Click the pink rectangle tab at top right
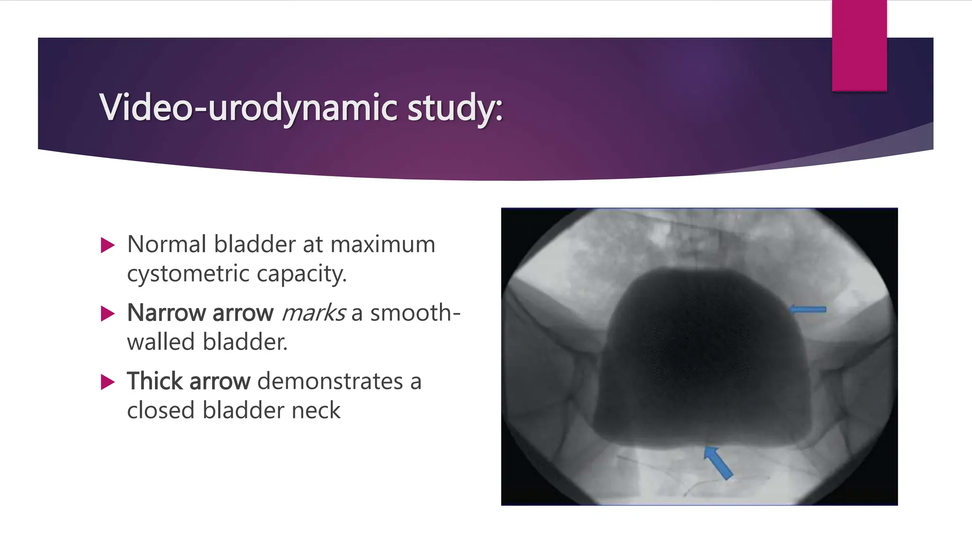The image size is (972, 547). [859, 46]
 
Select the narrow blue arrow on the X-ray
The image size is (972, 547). [807, 310]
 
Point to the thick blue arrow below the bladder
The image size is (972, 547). [718, 462]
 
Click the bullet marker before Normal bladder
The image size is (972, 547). [108, 245]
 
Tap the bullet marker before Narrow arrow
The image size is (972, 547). [108, 314]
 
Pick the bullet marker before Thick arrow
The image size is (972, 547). [108, 382]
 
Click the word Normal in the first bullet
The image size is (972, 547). [167, 245]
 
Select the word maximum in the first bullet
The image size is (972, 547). [383, 245]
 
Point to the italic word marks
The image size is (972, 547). [313, 313]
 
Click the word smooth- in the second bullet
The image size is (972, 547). [415, 313]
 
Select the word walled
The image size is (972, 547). [161, 342]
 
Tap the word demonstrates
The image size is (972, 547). [330, 381]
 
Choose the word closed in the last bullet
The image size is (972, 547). [161, 410]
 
